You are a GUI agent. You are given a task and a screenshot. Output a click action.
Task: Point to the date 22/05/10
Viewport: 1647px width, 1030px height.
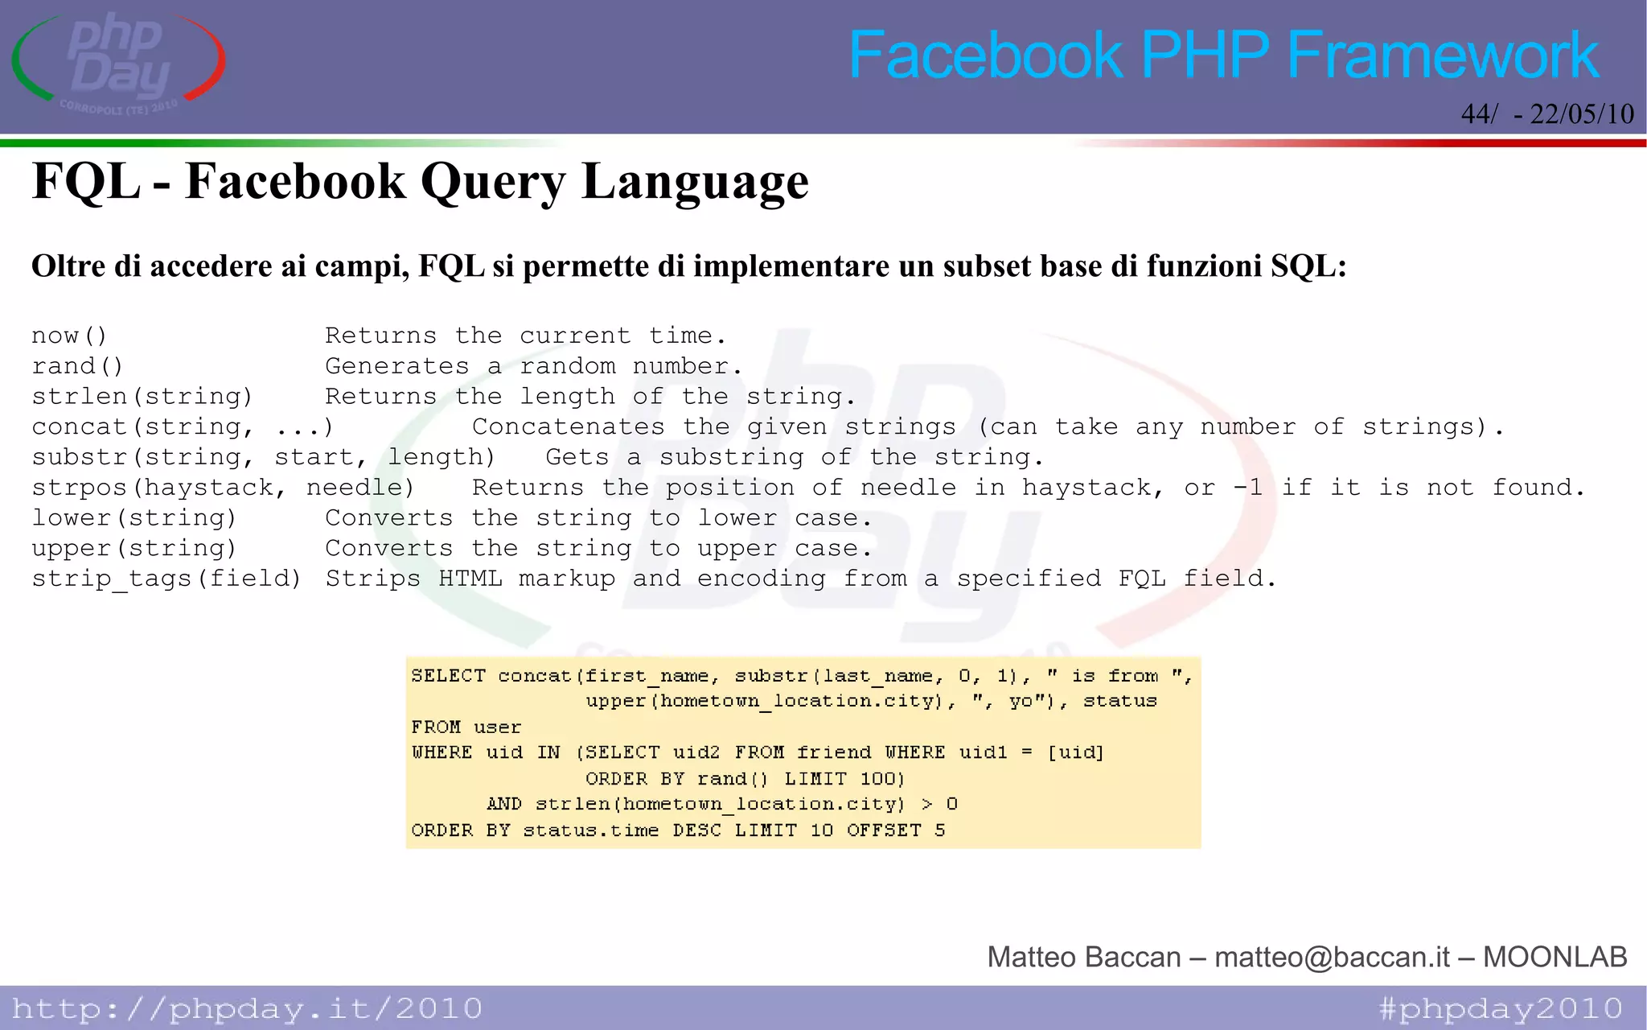click(x=1582, y=114)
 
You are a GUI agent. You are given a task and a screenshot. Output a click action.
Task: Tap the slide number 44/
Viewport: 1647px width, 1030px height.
click(x=1479, y=114)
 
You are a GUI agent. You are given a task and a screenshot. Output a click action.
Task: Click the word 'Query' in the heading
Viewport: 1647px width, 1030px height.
click(x=493, y=182)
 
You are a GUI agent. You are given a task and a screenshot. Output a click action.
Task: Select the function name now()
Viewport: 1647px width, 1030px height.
click(x=69, y=336)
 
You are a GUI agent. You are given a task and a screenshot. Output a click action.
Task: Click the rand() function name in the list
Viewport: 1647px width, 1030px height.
click(x=77, y=366)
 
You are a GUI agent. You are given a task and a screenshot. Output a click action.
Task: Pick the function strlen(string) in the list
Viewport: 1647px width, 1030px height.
click(x=142, y=397)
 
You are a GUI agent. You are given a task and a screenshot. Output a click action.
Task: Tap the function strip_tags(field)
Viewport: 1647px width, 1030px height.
click(x=166, y=579)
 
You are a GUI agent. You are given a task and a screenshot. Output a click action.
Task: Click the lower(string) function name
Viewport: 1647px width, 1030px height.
click(x=134, y=518)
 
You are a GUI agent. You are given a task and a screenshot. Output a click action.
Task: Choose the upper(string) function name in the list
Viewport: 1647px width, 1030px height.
click(x=134, y=549)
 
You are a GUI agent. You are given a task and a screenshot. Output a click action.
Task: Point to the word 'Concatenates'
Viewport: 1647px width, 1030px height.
click(x=568, y=427)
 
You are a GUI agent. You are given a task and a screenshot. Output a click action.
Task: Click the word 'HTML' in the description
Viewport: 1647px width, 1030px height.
click(x=470, y=579)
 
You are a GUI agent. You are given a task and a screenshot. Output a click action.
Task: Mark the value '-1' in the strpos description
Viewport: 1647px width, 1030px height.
click(x=1247, y=488)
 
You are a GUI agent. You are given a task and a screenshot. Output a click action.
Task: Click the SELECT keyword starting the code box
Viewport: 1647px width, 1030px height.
click(x=448, y=676)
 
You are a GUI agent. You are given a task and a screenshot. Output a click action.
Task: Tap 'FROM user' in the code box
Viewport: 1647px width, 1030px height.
click(x=466, y=727)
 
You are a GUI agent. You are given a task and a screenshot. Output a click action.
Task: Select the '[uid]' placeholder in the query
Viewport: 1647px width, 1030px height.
click(x=1076, y=753)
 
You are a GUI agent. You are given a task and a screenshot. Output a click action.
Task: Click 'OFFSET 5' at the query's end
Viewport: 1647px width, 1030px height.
click(x=896, y=830)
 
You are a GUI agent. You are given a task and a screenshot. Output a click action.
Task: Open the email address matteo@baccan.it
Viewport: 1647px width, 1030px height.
click(x=1332, y=957)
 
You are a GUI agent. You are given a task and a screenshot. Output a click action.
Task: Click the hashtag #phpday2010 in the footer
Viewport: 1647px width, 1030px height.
click(x=1500, y=1008)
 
